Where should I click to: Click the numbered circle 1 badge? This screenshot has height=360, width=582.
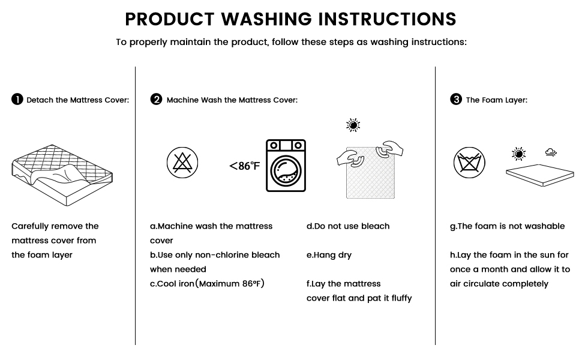click(x=17, y=100)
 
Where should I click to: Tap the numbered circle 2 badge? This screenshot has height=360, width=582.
click(x=157, y=100)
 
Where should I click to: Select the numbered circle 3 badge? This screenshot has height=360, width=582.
click(x=456, y=100)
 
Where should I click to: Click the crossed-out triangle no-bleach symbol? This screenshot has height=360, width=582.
click(x=182, y=163)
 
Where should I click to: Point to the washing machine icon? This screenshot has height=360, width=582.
click(x=286, y=166)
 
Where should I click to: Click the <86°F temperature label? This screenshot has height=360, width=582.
click(x=245, y=166)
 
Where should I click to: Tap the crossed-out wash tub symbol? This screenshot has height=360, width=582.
click(x=469, y=163)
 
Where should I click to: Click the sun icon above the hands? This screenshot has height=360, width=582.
click(x=353, y=125)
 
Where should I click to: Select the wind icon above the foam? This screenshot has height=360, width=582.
click(x=550, y=152)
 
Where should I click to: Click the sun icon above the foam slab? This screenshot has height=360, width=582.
click(x=518, y=154)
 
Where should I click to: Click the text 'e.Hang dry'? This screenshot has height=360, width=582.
click(x=329, y=255)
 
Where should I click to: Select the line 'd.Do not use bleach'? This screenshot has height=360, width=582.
click(x=348, y=226)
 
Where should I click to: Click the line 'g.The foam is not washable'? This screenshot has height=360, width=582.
click(x=507, y=226)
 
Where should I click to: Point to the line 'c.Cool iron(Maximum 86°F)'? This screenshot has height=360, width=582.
click(x=207, y=284)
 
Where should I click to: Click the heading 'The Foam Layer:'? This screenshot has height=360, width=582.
click(x=496, y=100)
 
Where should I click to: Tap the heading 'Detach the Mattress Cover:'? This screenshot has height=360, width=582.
click(x=77, y=100)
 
